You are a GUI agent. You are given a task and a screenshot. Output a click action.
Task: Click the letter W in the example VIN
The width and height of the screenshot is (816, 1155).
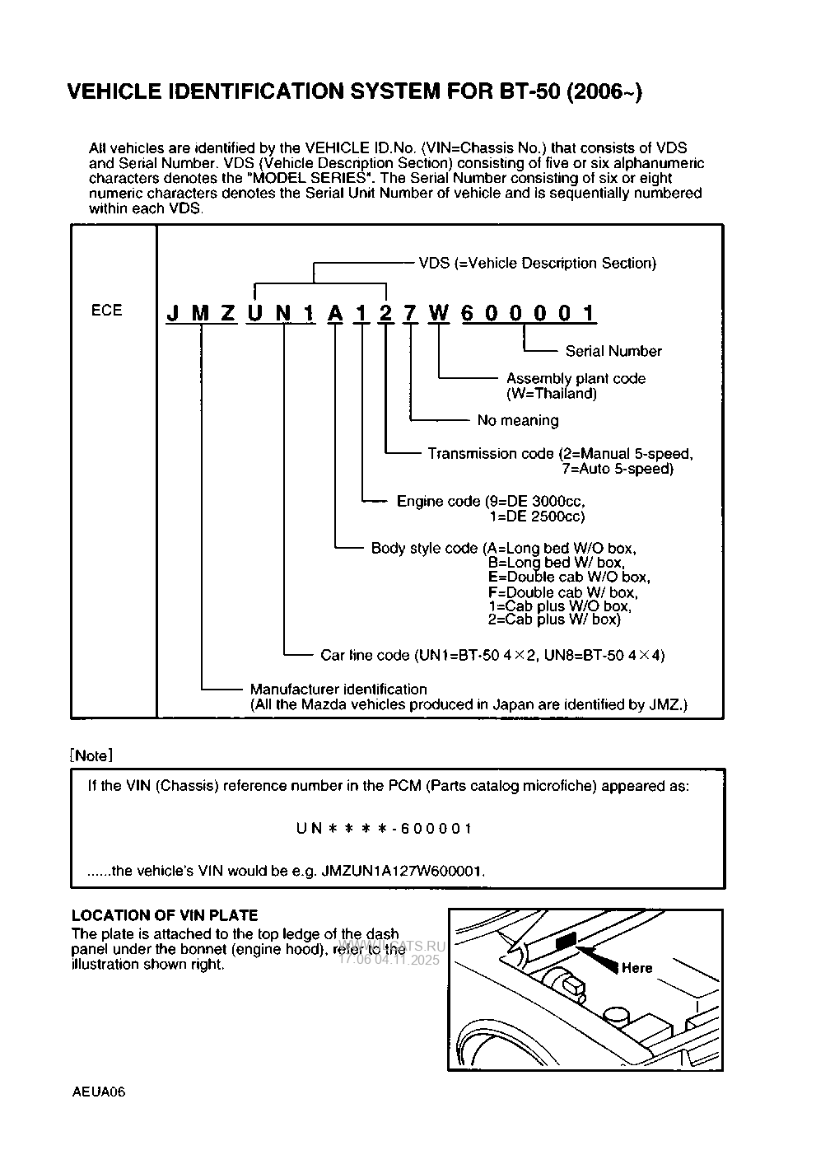click(x=439, y=313)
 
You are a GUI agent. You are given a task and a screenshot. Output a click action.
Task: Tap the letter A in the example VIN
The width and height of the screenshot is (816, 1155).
click(x=334, y=313)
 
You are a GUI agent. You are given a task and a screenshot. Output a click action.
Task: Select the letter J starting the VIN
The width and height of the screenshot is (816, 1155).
click(x=173, y=313)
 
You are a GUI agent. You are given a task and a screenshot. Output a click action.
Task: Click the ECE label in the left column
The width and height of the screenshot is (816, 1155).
click(x=106, y=311)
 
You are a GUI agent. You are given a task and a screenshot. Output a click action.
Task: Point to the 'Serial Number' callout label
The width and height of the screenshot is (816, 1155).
click(x=613, y=351)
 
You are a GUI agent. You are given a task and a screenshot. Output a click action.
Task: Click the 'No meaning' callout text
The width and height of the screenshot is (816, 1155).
click(x=517, y=420)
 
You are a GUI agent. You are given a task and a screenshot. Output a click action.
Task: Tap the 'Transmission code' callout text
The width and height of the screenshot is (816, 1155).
click(x=490, y=453)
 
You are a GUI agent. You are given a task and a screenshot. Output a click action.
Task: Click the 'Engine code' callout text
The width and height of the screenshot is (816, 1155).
click(x=437, y=501)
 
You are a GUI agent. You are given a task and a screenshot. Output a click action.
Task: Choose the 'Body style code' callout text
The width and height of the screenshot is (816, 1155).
click(x=423, y=548)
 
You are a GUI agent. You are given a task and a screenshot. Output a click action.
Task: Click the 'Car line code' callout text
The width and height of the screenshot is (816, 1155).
click(x=364, y=655)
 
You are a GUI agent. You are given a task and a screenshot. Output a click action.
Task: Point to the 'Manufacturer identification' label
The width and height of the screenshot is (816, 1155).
click(x=338, y=689)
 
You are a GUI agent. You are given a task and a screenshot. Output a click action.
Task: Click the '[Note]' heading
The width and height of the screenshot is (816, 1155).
click(x=91, y=755)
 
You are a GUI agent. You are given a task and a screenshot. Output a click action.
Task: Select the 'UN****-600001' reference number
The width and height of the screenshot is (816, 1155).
click(x=385, y=828)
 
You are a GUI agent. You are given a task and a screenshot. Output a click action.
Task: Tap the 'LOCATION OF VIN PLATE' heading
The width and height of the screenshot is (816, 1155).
click(x=165, y=915)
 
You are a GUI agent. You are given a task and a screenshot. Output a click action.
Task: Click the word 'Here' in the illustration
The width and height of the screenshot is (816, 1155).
click(x=636, y=968)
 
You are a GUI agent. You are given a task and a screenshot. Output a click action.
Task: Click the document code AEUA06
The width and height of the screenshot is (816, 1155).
click(x=97, y=1092)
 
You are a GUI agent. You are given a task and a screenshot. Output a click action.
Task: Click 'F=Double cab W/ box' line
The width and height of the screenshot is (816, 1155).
click(x=562, y=592)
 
